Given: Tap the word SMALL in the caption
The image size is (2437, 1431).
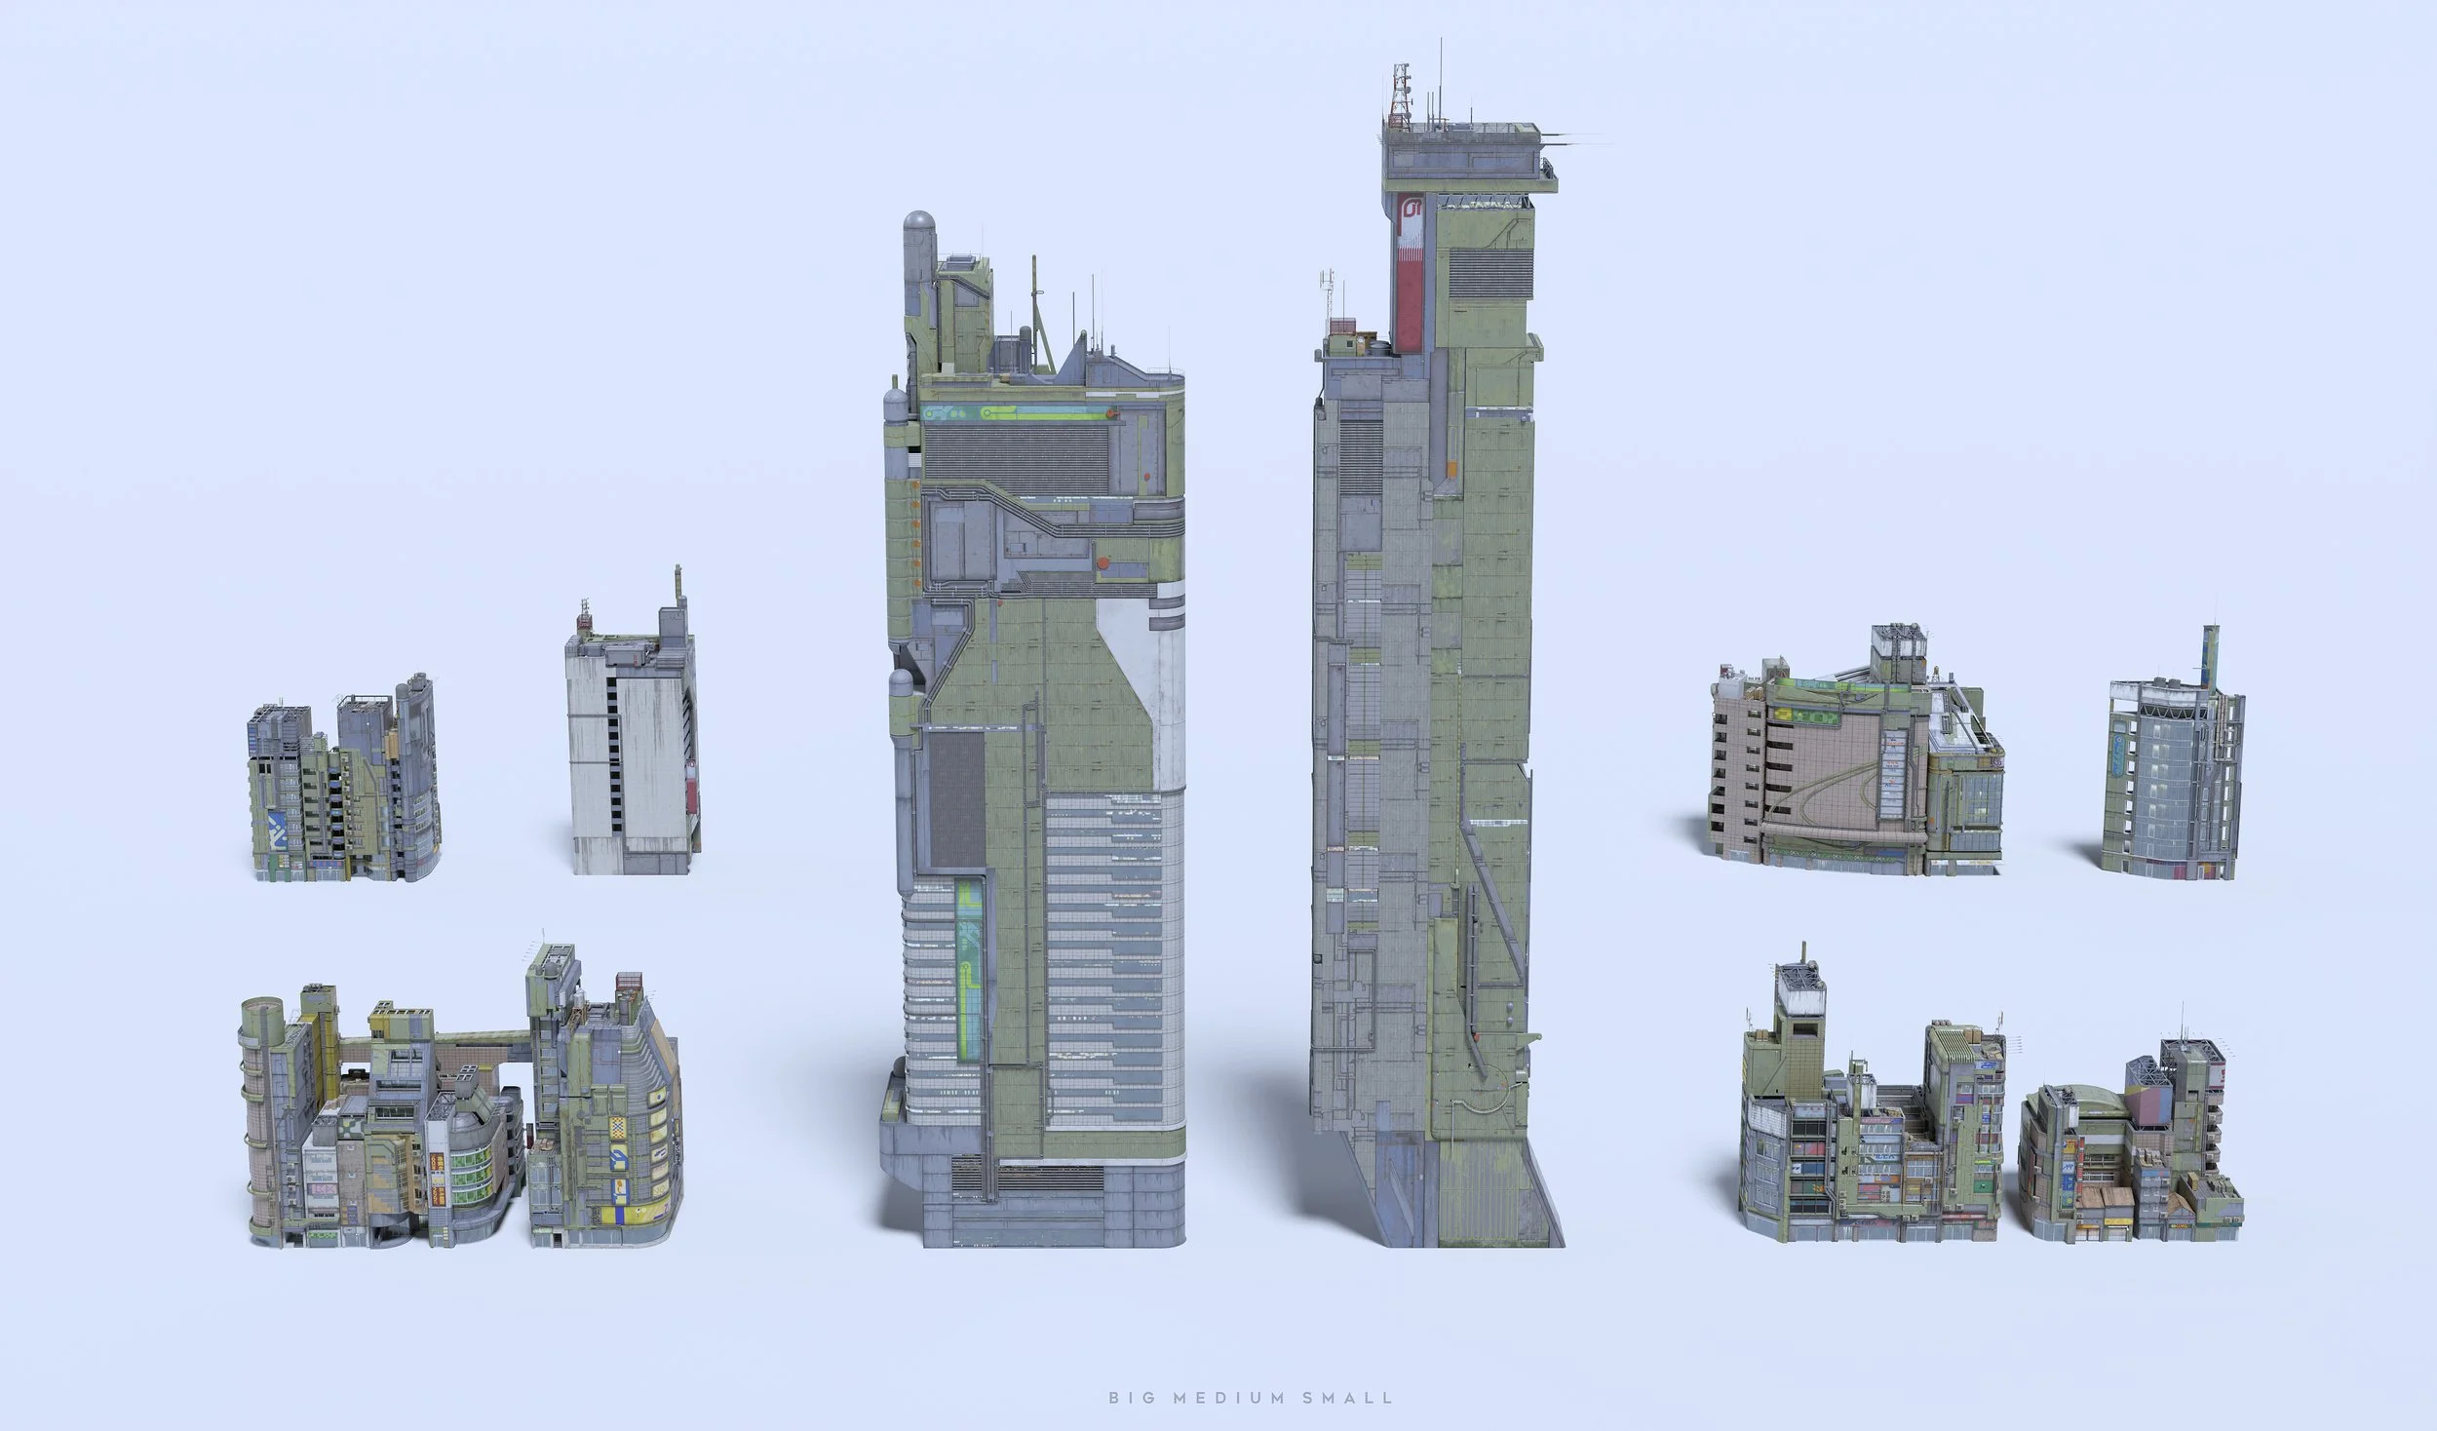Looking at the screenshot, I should point(1349,1398).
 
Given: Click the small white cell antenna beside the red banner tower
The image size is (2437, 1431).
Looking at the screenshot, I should point(1327,288).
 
